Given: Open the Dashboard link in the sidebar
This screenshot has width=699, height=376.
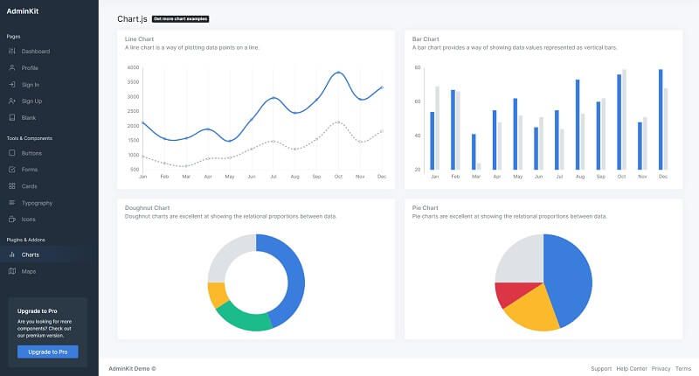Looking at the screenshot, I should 36,52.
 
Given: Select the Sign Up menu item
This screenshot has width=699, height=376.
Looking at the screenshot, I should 31,101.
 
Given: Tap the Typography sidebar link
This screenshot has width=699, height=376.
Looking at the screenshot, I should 37,202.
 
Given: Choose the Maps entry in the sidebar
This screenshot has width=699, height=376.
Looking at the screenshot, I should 29,271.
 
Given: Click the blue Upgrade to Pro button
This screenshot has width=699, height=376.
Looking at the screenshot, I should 48,352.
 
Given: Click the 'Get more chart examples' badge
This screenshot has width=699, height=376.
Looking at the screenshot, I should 180,18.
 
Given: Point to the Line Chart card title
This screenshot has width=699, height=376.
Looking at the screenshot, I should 140,38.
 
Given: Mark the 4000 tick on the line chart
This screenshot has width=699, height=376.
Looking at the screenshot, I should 133,67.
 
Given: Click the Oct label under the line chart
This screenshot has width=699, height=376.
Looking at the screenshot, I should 338,176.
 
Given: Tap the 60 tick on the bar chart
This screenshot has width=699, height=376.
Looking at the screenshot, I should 418,101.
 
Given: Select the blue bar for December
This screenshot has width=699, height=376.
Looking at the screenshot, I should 661,119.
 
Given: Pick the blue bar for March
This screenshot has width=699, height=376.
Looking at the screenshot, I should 474,151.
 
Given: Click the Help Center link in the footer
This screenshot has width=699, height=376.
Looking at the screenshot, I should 631,368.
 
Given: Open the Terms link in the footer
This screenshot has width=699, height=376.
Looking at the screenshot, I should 682,368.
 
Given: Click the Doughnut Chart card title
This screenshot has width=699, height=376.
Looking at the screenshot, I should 147,207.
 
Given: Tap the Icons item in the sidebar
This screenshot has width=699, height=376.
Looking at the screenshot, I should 29,219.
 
